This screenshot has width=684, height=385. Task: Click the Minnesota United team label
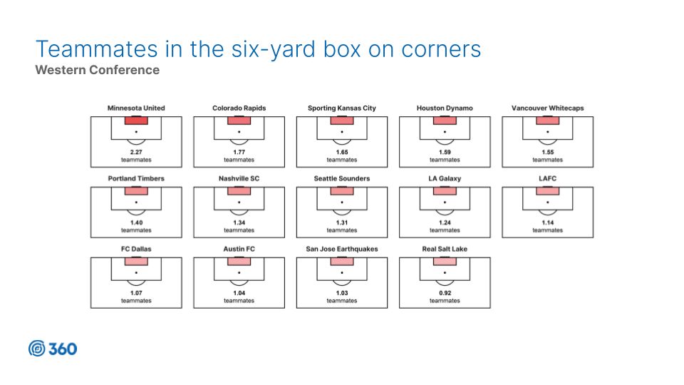coord(136,108)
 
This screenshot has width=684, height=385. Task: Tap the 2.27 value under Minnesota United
coord(136,152)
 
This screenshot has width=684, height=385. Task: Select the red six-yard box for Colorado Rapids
coord(239,120)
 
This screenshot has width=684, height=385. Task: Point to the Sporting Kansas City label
coord(341,108)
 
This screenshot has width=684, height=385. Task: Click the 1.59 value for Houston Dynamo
coord(445,152)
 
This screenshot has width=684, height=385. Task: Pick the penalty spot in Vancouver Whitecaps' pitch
coord(547,132)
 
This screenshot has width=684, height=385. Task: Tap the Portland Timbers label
coord(136,178)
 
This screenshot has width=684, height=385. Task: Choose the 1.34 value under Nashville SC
coord(239,222)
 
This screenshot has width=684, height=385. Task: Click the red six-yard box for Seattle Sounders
coord(342,191)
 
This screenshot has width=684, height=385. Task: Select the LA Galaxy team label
coord(445,178)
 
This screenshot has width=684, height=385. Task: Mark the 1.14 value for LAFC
coord(547,222)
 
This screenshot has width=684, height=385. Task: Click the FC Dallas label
coord(136,249)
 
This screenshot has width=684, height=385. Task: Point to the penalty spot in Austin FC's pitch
coord(239,273)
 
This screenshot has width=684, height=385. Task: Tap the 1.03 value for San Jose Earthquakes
coord(342,293)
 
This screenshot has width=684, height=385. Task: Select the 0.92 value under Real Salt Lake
coord(445,293)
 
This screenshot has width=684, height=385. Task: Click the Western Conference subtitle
coord(98,70)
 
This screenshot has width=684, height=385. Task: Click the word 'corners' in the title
coord(441,49)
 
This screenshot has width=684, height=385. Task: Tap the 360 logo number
coord(63,349)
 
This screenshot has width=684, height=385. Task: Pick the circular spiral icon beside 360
coord(36,349)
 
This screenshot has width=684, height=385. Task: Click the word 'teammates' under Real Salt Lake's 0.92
coord(445,301)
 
